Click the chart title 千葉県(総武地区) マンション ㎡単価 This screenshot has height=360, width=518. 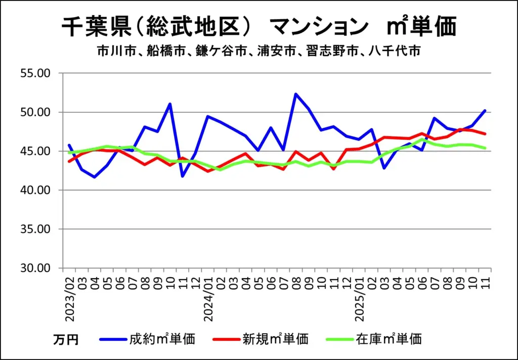(259, 26)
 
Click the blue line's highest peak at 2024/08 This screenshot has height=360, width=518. (296, 94)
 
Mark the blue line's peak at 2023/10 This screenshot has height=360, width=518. (170, 104)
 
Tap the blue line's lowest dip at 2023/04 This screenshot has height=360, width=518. (95, 177)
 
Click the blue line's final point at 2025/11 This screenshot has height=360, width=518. (485, 110)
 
